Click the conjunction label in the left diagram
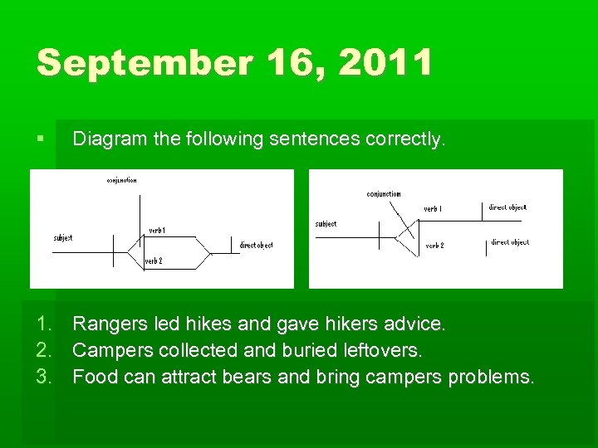pyautogui.click(x=121, y=180)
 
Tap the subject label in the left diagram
pyautogui.click(x=63, y=237)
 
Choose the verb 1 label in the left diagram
pyautogui.click(x=157, y=230)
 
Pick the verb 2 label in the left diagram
pyautogui.click(x=154, y=261)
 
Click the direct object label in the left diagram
pyautogui.click(x=256, y=245)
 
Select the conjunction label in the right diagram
pyautogui.click(x=384, y=194)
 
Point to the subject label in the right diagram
pyautogui.click(x=326, y=223)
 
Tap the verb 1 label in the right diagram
pyautogui.click(x=433, y=209)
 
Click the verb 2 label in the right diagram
pyautogui.click(x=434, y=246)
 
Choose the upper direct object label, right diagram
pyautogui.click(x=507, y=207)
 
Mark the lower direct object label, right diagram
pyautogui.click(x=510, y=242)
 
